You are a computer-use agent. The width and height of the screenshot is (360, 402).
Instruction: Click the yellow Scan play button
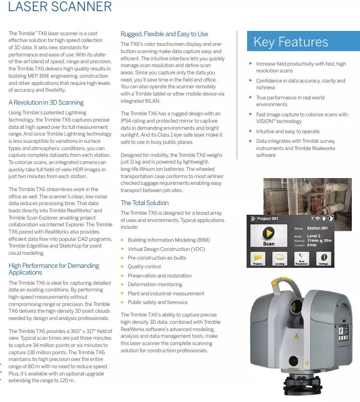click(268, 234)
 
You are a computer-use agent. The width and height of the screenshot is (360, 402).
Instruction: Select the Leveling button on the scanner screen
click(279, 259)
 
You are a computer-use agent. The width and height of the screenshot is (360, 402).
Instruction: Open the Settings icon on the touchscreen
click(324, 259)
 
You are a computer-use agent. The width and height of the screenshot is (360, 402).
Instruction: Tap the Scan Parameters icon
click(302, 259)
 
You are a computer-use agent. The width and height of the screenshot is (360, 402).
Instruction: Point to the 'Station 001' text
click(318, 228)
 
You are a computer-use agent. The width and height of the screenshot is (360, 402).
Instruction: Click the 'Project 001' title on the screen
click(267, 219)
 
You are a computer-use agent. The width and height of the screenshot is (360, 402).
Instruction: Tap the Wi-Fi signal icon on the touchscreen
click(318, 219)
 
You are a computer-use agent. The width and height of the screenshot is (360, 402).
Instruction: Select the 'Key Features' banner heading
click(291, 42)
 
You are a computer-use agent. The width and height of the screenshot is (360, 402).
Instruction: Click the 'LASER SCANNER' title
click(60, 7)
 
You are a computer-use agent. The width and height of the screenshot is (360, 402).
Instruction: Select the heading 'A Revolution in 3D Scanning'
click(46, 102)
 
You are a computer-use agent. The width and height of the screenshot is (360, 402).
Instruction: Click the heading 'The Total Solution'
click(145, 203)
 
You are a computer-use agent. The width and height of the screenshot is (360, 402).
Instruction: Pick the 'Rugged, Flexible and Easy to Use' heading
click(165, 34)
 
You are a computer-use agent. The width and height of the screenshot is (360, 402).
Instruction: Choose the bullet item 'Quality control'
click(144, 266)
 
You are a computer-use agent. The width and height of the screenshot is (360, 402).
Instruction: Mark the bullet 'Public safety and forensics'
click(158, 302)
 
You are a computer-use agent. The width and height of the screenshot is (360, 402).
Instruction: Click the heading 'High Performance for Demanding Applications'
click(54, 269)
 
